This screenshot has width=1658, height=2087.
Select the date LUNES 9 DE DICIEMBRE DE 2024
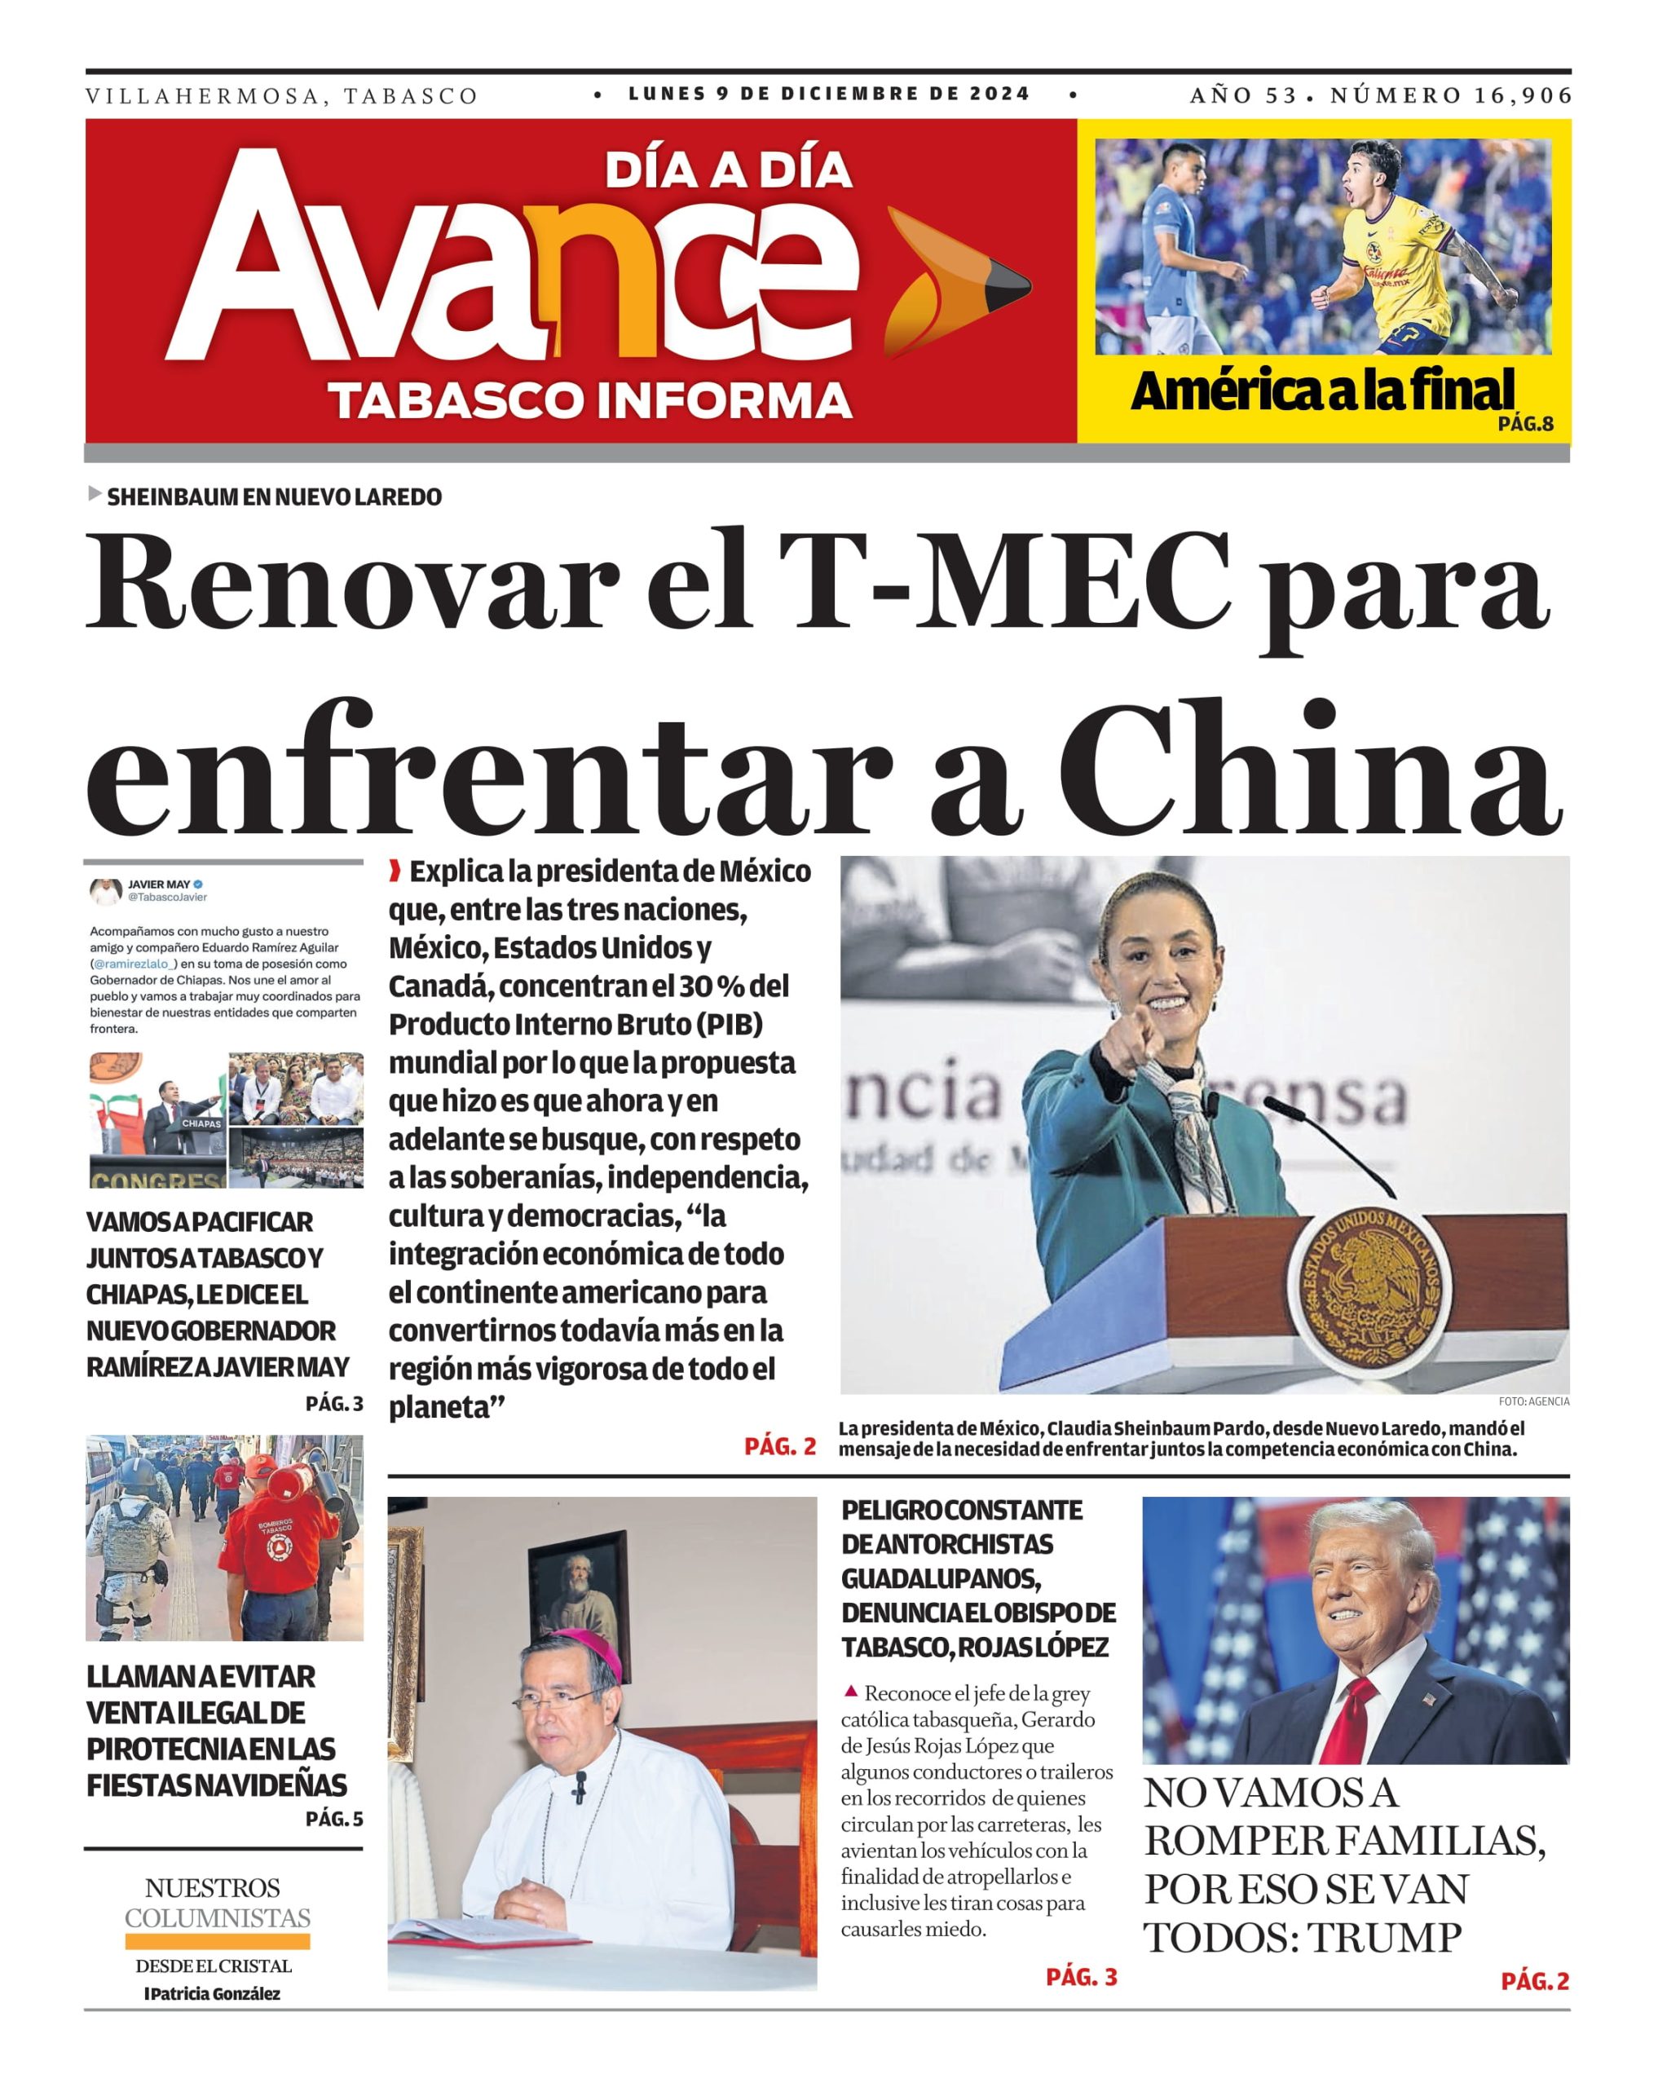pyautogui.click(x=830, y=94)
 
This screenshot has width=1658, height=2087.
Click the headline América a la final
pyautogui.click(x=1322, y=391)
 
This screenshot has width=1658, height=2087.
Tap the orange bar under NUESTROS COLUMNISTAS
pyautogui.click(x=217, y=1942)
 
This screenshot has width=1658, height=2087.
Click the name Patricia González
pyautogui.click(x=213, y=1994)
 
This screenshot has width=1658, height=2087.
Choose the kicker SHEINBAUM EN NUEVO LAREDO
pyautogui.click(x=274, y=496)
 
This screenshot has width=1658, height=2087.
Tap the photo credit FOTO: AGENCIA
pyautogui.click(x=1533, y=1401)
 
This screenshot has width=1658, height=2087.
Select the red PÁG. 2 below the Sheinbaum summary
pyautogui.click(x=779, y=1446)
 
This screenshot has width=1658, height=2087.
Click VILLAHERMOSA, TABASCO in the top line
pyautogui.click(x=282, y=96)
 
